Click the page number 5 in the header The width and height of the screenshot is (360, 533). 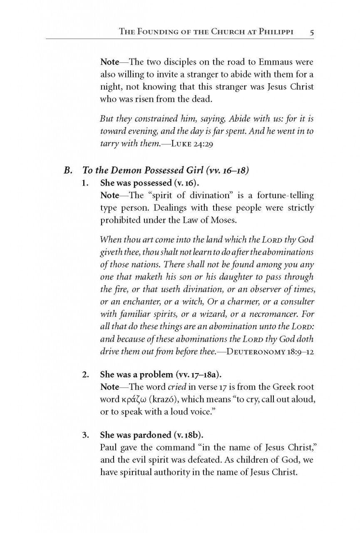pyautogui.click(x=311, y=31)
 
